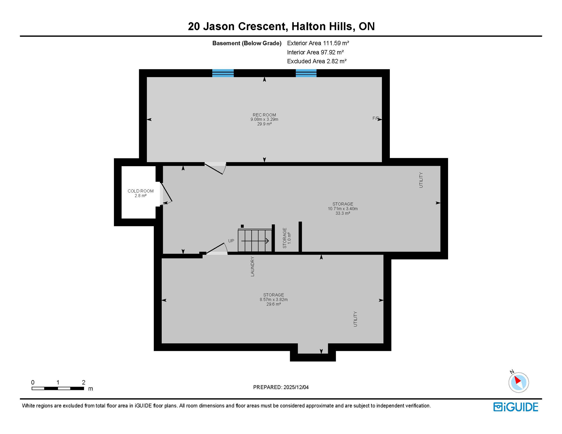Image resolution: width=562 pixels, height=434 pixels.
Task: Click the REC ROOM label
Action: [264, 115]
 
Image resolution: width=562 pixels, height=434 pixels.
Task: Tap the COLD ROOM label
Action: [140, 191]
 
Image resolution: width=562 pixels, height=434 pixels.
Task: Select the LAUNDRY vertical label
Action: [252, 266]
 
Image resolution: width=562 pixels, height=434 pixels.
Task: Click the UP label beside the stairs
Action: [231, 241]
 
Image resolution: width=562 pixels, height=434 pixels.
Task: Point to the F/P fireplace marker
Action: [375, 118]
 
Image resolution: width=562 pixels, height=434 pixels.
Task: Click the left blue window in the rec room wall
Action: [223, 73]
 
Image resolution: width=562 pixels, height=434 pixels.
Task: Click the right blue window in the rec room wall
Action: [306, 73]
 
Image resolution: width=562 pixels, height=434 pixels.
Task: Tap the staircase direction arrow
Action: [255, 241]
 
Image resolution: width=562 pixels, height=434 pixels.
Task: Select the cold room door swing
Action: [166, 194]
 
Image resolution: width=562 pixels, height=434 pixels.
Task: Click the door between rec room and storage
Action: [216, 168]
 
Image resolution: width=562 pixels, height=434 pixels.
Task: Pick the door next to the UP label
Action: [217, 249]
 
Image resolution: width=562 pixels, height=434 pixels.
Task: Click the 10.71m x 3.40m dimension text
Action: [343, 209]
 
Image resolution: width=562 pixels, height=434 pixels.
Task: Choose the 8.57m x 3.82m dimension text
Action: [273, 300]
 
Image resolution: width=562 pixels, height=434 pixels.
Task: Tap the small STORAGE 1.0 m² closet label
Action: [286, 238]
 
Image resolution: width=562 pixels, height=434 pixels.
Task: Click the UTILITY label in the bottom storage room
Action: [355, 319]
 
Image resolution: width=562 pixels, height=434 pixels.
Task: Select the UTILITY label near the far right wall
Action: [421, 180]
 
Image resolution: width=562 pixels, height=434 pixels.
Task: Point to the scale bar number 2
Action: [83, 382]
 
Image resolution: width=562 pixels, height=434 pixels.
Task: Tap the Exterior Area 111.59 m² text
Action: [318, 43]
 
